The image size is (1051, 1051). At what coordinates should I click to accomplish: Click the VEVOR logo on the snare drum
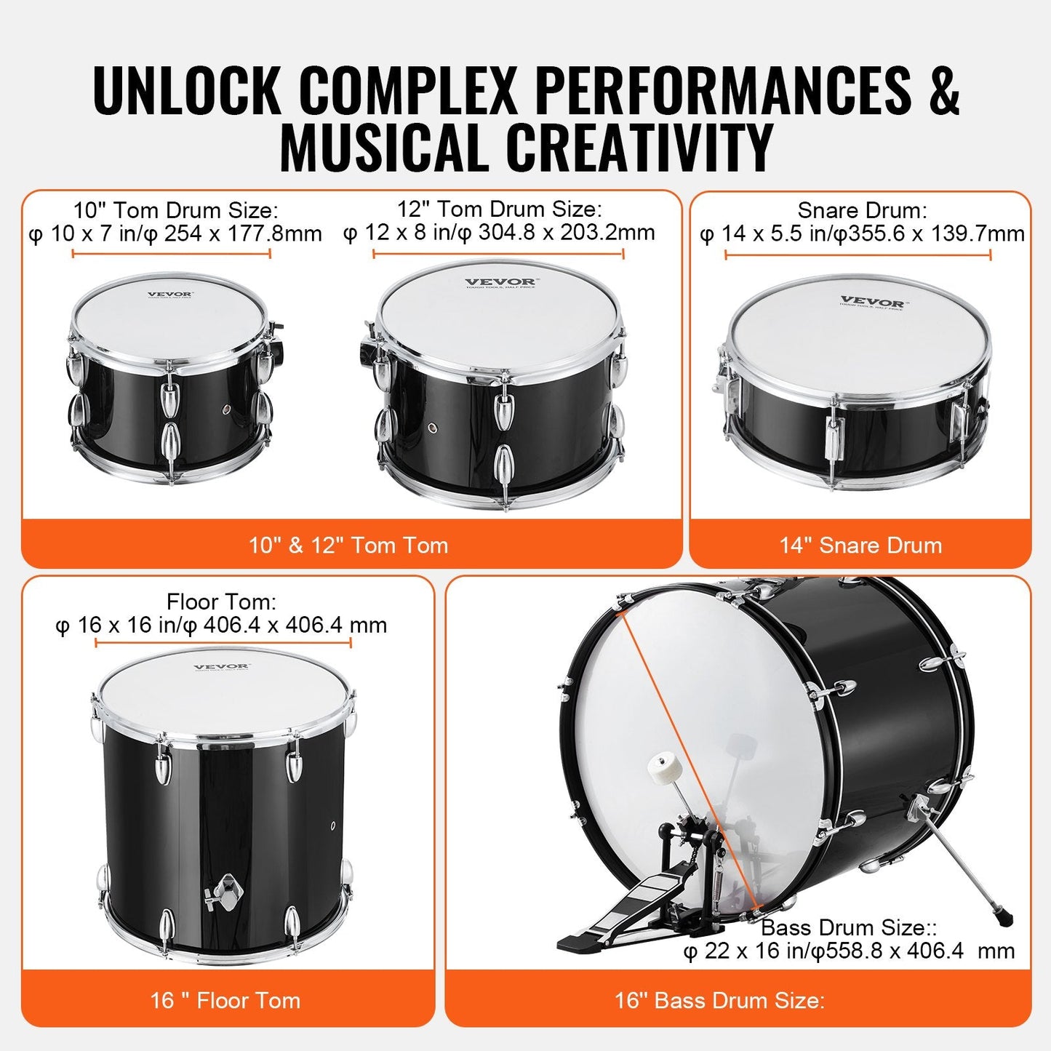point(872,302)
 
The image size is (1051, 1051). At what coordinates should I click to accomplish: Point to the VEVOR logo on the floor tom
point(221,666)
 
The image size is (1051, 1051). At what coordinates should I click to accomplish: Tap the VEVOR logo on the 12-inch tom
point(500,282)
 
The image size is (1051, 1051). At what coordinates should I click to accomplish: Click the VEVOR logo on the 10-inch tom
point(169,295)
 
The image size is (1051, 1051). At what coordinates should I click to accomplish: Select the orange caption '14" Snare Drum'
point(860,545)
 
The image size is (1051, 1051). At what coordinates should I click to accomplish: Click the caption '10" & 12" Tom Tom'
point(348,545)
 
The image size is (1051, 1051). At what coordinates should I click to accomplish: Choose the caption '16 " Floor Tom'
point(225,1000)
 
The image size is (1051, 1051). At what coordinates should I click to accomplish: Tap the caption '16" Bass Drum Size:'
point(719,1000)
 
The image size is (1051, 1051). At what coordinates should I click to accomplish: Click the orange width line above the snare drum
point(858,255)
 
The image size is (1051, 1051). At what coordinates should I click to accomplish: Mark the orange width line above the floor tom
point(223,642)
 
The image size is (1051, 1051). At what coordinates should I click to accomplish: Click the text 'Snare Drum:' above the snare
point(862,210)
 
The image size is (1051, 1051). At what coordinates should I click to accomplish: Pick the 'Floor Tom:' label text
point(221,602)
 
